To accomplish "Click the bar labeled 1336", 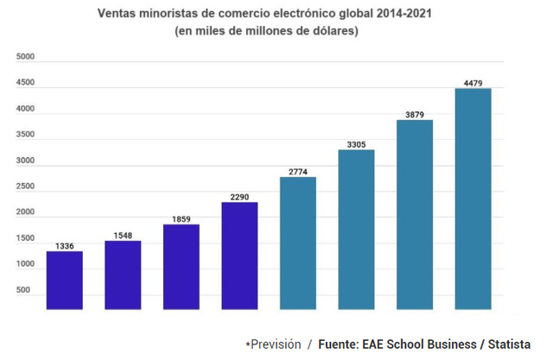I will (x=64, y=280).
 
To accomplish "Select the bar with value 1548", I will (x=123, y=275).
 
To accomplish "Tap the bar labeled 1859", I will (x=181, y=266).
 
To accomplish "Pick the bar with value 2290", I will (x=239, y=255).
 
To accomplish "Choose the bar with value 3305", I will (x=356, y=229).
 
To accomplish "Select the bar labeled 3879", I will (x=414, y=214).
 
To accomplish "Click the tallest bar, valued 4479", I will (x=473, y=199).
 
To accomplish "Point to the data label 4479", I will (x=473, y=83).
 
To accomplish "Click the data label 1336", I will (x=64, y=246).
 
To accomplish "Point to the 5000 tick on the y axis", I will (x=26, y=57).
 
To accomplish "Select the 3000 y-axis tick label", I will (x=26, y=161).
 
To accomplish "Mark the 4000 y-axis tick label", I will (x=26, y=109).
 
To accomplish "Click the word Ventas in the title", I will (x=118, y=15).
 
